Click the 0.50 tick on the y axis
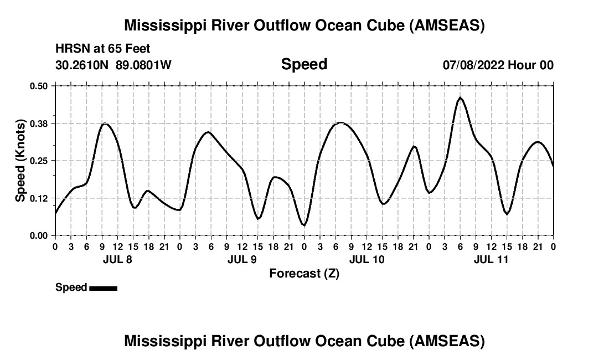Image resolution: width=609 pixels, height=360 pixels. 39,86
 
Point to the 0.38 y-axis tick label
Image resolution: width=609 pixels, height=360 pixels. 39,123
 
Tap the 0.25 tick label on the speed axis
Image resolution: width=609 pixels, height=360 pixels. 39,161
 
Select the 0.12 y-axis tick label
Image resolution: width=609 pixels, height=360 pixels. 39,198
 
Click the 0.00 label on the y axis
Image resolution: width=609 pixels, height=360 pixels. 39,235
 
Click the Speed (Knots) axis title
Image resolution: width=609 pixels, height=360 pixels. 20,160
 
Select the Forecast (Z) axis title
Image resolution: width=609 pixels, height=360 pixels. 304,273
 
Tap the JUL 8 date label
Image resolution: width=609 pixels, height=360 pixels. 117,259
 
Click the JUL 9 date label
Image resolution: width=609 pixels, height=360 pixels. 242,259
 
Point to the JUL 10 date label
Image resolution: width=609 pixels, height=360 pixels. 367,259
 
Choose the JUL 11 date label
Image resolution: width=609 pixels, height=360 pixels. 491,259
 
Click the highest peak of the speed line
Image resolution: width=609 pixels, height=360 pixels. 460,98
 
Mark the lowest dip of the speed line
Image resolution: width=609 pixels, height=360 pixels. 304,225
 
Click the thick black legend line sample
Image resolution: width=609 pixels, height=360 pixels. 103,287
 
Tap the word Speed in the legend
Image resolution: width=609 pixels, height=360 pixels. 71,287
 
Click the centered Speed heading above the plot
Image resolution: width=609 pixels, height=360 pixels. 304,64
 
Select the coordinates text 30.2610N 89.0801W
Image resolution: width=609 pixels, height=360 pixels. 113,65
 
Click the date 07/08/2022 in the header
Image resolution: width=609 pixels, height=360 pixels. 474,65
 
